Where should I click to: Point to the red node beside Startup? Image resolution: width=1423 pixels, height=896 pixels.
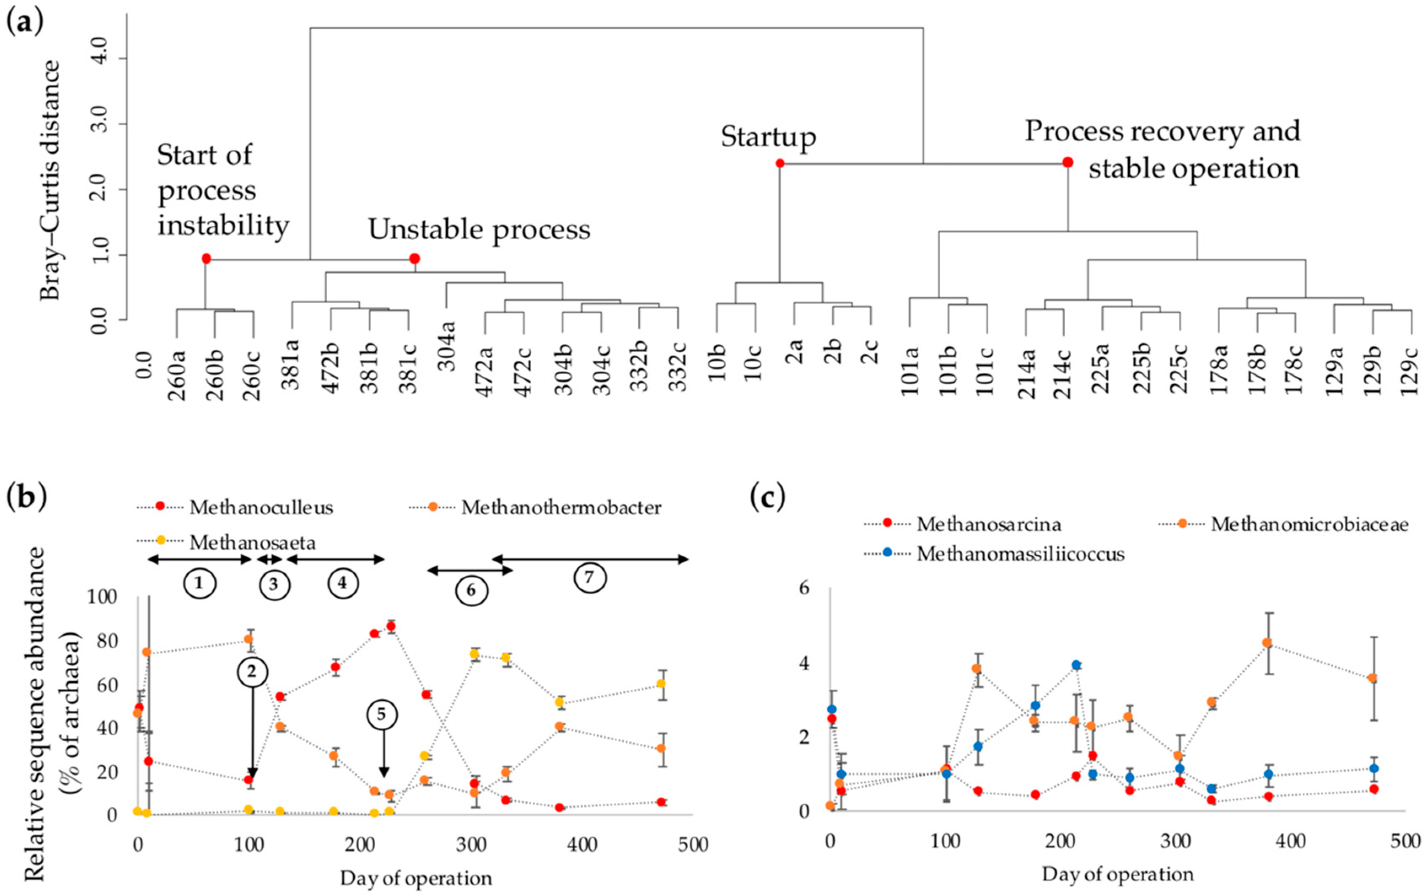tap(780, 163)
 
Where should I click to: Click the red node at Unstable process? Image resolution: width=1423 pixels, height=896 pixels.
tap(415, 259)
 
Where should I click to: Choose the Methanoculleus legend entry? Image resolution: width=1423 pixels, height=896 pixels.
tap(261, 508)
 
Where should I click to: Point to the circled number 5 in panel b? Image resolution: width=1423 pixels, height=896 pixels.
tap(382, 715)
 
